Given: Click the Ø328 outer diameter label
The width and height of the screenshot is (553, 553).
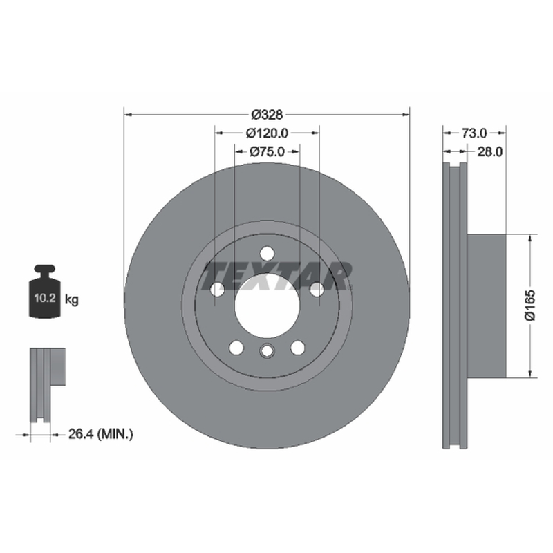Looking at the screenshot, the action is [267, 115].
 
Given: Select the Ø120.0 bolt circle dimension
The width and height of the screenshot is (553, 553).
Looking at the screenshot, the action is [267, 133].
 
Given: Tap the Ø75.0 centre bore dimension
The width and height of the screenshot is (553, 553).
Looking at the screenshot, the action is [267, 151].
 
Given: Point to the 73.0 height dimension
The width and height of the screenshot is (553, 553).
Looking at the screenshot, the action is [474, 133].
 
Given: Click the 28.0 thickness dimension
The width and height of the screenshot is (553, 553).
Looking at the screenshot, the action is [490, 151].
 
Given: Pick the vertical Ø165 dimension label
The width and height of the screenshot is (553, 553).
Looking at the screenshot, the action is [529, 306].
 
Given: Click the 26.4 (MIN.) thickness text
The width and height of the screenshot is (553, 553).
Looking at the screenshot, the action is [101, 434].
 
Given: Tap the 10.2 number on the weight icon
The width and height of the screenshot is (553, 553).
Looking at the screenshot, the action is [45, 298].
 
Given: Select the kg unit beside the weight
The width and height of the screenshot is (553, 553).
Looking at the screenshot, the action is [72, 300].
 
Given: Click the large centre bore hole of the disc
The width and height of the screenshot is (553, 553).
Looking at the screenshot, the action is [267, 306].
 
